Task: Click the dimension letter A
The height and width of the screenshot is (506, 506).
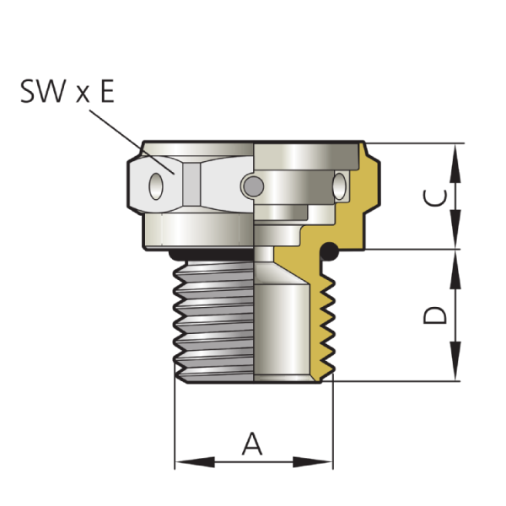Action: pos(252,444)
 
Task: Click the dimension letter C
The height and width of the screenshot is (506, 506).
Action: pos(435,197)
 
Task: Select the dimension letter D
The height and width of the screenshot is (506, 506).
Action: pos(435,315)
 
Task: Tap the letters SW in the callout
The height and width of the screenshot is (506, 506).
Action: pos(43,91)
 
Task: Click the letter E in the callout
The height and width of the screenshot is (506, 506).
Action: pos(107,91)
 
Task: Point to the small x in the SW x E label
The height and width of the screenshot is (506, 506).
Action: pos(83,94)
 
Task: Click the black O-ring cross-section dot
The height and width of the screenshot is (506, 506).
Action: pos(329,251)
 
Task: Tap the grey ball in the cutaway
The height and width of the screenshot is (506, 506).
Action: pos(253,186)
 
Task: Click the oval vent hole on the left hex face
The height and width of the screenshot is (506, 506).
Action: pos(156,186)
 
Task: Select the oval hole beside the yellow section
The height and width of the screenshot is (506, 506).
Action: pos(340,186)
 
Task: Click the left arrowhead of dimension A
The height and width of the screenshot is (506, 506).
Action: pos(195,462)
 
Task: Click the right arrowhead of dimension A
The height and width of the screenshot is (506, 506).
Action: pos(313,462)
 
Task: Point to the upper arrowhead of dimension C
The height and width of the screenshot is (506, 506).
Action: pos(455,164)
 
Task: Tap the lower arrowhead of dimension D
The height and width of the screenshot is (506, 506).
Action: pos(455,361)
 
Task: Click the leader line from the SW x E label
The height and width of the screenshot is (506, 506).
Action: pos(132,142)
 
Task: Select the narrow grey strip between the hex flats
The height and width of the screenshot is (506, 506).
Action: pos(191,184)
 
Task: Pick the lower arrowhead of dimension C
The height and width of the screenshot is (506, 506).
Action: pos(455,229)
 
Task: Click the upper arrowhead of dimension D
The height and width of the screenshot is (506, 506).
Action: pos(455,270)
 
